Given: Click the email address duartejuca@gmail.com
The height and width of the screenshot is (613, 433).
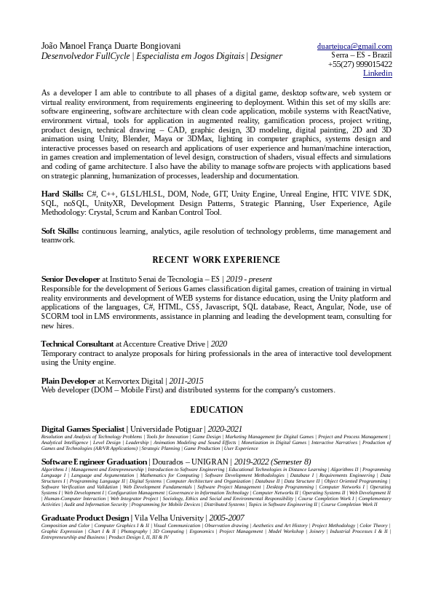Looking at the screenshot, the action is pos(354,46).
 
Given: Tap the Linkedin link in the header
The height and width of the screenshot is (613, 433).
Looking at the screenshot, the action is pos(377,73).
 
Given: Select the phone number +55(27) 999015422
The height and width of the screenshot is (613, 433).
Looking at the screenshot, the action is pos(359,64).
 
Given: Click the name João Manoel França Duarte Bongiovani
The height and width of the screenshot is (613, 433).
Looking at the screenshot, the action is pos(117,46).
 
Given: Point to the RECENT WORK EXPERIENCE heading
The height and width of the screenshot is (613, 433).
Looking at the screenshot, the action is pos(216,260).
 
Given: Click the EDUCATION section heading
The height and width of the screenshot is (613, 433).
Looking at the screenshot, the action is pos(216,410).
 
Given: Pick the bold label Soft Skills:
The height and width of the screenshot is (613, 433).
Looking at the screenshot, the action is pos(60,231).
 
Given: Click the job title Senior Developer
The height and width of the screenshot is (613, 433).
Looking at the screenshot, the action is pos(71,279).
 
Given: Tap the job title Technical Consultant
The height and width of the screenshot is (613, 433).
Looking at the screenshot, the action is pos(77,344).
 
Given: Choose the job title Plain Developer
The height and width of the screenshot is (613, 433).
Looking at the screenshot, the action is pos(68,381).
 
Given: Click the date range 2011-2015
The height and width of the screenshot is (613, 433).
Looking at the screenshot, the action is pos(186,381).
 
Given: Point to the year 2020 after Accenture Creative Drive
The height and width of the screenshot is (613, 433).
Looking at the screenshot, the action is pos(219,344).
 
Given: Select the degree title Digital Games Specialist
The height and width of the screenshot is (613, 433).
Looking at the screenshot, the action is pos(83,430).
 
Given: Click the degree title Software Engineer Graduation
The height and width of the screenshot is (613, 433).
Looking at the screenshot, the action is pos(94,462).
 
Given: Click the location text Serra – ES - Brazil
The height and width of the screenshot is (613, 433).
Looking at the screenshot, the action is pos(362,55).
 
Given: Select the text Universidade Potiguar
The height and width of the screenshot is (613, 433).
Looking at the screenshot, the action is pos(165,430).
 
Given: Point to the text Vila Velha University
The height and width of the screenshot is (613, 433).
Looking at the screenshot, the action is pos(175,518).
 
